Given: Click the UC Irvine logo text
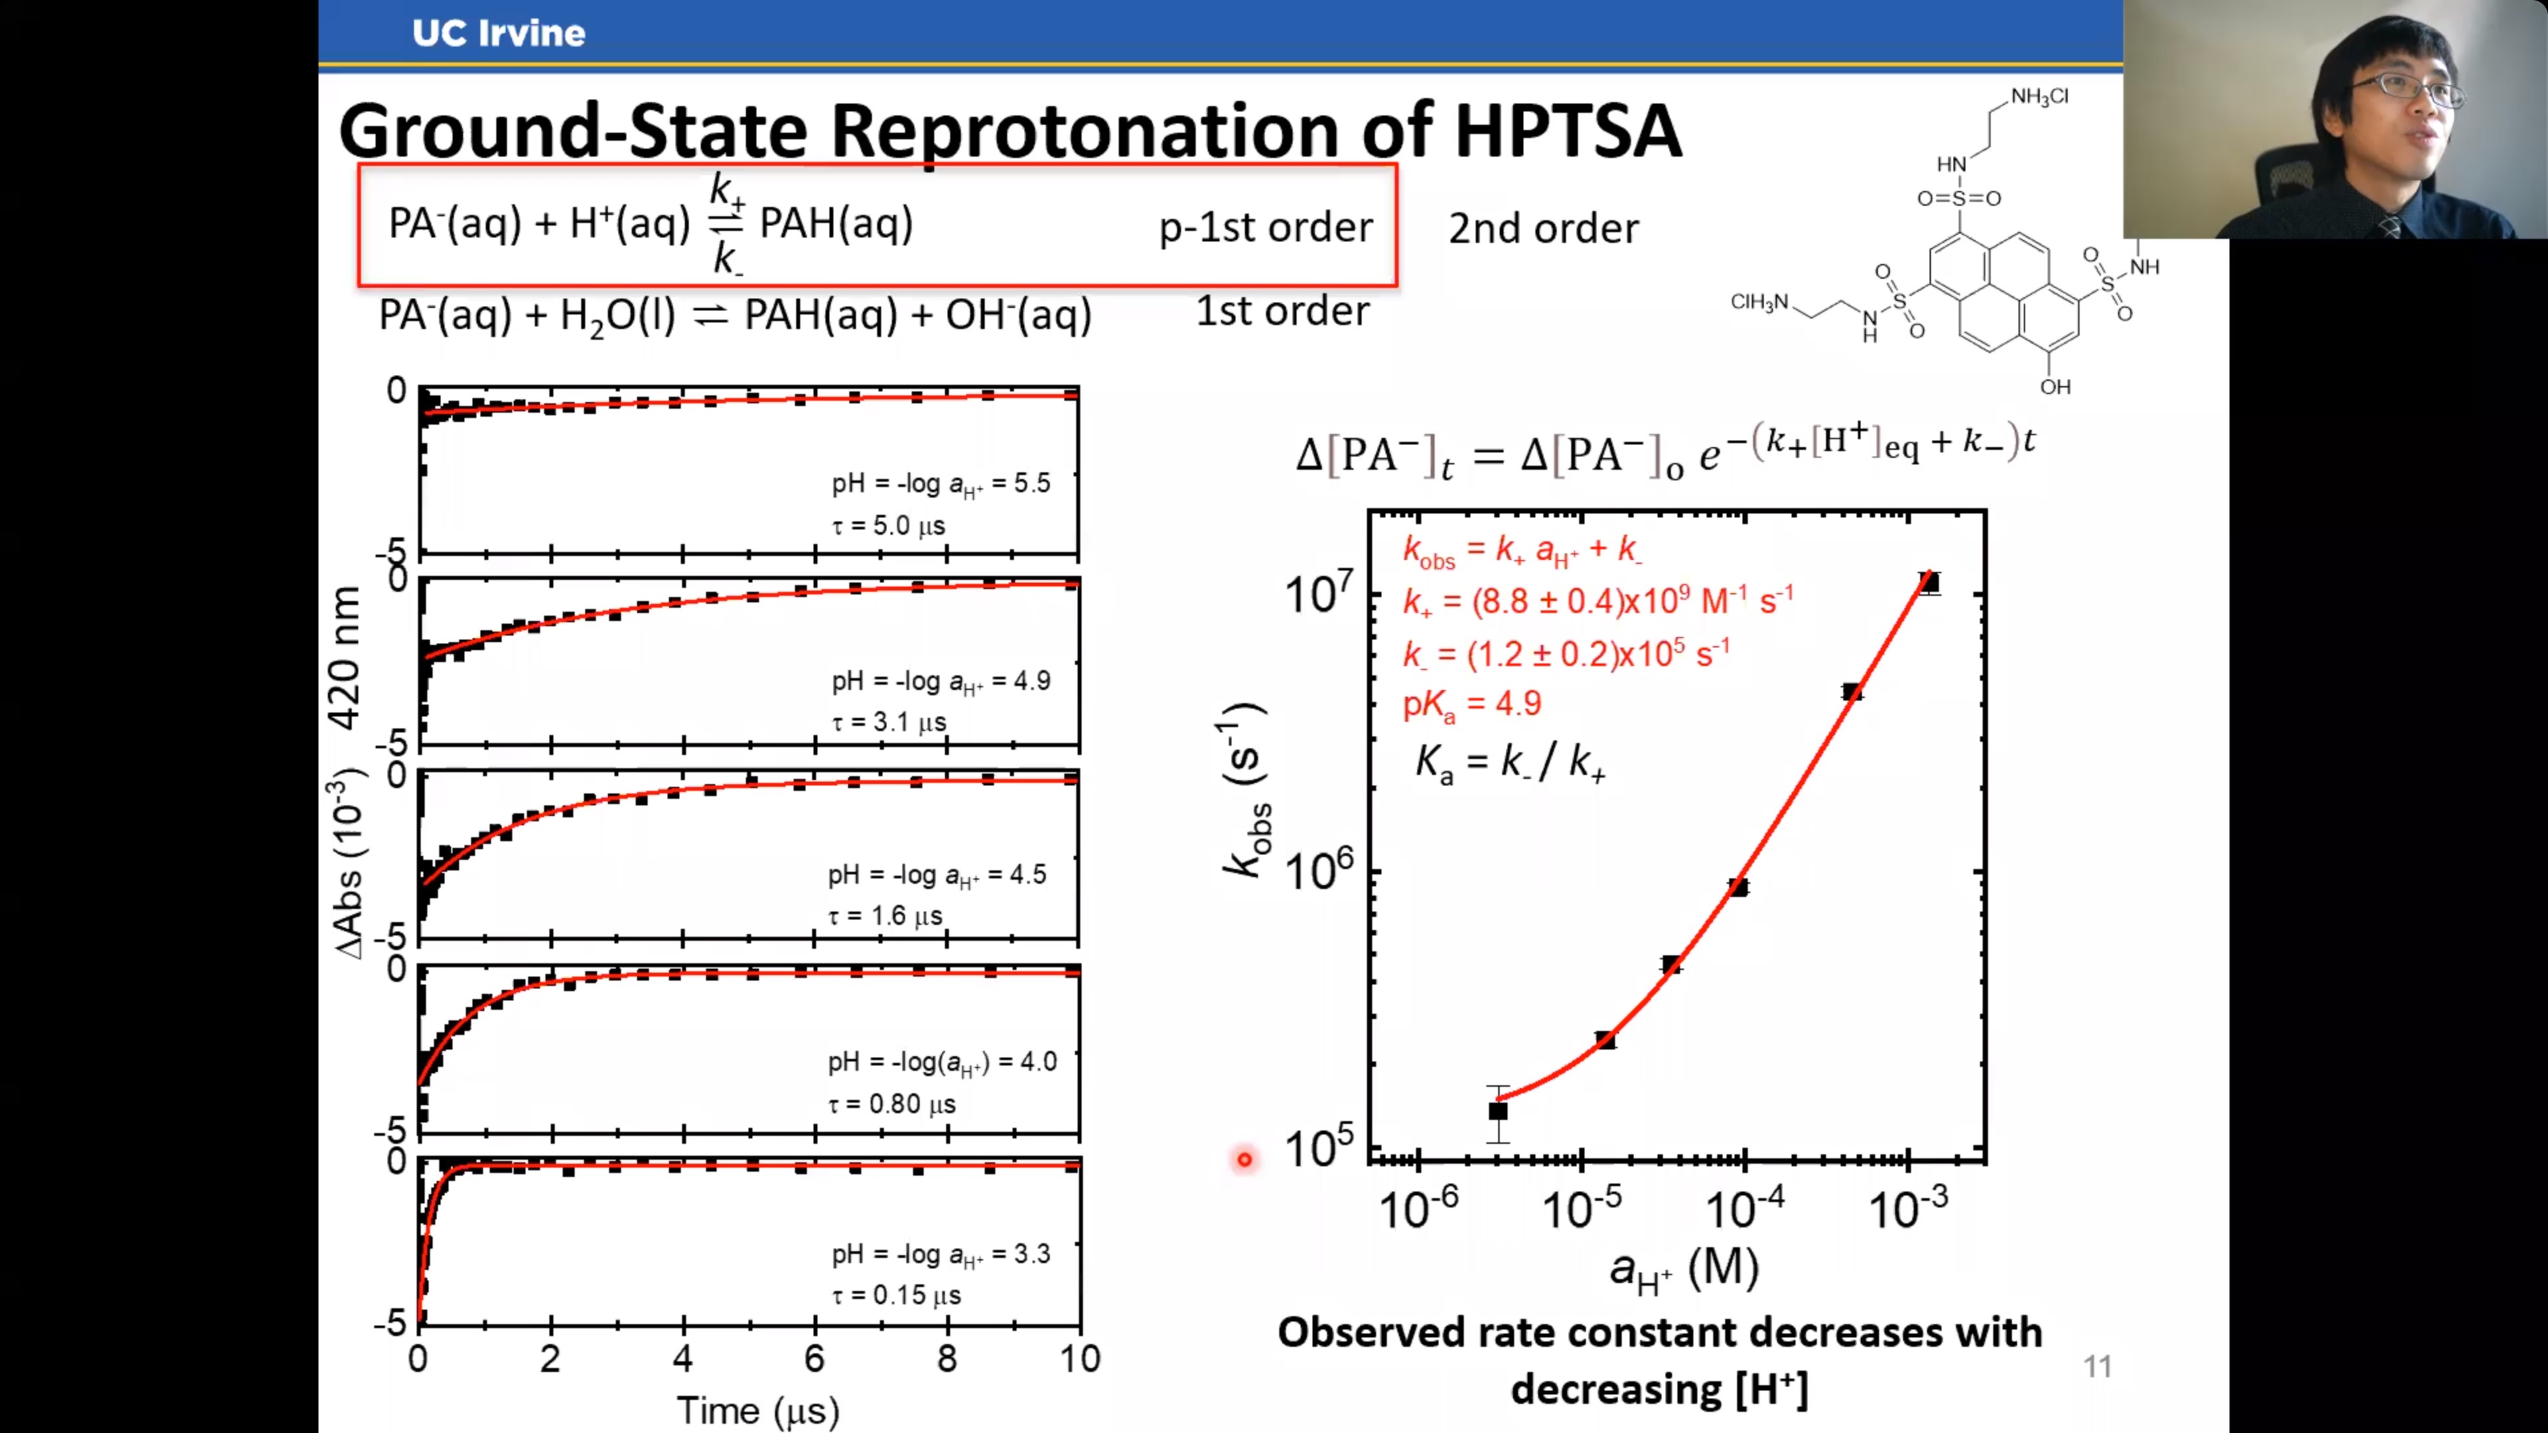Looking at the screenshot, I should [498, 33].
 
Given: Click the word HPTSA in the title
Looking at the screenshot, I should [1567, 131].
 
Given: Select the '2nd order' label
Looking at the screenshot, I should [1543, 228].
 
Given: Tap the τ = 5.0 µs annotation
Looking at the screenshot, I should [888, 525].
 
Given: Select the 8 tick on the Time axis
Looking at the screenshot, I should [947, 1359].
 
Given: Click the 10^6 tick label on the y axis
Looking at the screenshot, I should [1318, 870].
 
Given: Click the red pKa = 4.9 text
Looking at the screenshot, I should [1472, 704].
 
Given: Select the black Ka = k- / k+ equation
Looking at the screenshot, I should [1510, 762].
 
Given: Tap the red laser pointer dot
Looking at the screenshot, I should [1244, 1158].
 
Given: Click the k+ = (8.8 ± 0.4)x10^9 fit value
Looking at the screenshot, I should [1596, 600].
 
